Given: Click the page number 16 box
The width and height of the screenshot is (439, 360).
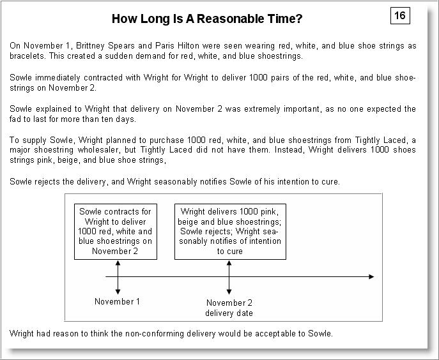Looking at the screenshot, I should coord(400,15).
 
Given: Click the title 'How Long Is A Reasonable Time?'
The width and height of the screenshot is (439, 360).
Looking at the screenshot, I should coord(207,19).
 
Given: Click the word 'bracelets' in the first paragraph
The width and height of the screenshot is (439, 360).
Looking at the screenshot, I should coord(27,56).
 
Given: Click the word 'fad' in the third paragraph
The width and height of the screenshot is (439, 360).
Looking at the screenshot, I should coord(17,119).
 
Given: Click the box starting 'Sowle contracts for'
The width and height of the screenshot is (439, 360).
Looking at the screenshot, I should coord(116,231).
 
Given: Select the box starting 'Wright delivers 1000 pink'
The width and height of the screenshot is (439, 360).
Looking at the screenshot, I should coord(229,231).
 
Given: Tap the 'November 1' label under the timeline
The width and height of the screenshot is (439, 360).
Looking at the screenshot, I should coord(117,301).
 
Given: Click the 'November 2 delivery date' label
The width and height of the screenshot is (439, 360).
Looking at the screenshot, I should coord(229,308).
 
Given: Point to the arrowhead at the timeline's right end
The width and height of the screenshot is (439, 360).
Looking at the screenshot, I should coord(371,276).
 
